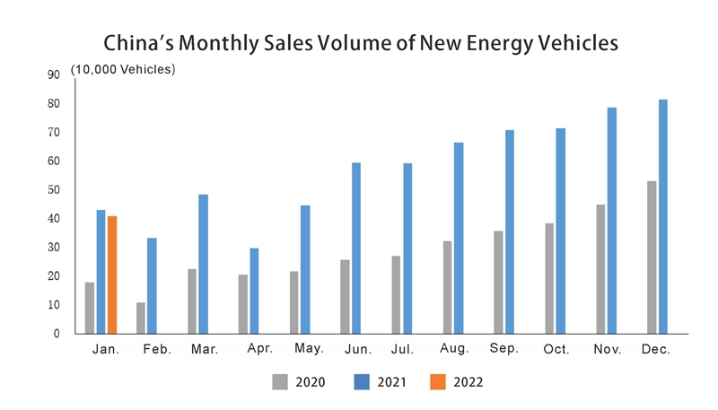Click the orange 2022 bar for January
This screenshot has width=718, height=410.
112,275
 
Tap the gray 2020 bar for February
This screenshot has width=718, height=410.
141,318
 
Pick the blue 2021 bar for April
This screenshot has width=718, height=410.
254,291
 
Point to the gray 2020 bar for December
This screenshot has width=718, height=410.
651,257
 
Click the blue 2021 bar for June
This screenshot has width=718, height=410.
356,248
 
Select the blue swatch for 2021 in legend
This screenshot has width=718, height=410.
365,382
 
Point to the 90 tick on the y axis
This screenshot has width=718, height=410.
53,75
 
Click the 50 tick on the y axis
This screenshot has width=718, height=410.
53,190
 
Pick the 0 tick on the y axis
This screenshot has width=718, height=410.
56,334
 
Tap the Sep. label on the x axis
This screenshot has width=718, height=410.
503,348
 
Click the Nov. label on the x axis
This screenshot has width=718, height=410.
607,349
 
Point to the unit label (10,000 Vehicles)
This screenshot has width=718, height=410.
123,69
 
